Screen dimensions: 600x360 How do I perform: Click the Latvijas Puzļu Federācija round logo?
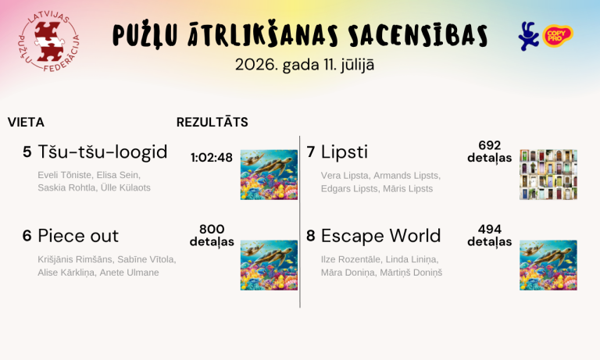[x=49, y=41]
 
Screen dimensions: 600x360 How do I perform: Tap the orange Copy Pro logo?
[x=558, y=36]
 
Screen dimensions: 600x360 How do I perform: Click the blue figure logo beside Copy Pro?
[x=528, y=37]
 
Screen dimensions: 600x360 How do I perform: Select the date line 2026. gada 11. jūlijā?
[x=305, y=65]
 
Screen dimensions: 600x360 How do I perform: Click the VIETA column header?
[x=26, y=123]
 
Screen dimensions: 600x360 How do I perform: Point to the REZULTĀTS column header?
[x=212, y=123]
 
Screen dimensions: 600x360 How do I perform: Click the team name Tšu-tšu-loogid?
[x=102, y=151]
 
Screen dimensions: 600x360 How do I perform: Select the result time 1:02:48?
[x=212, y=158]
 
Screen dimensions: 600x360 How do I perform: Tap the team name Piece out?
[x=78, y=236]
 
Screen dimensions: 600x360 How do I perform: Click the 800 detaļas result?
[x=212, y=235]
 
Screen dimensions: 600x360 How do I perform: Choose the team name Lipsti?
[x=345, y=151]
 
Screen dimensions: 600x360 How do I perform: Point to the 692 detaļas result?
[x=489, y=151]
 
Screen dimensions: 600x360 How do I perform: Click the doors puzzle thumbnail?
[x=548, y=174]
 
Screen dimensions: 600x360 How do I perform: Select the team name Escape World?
[x=381, y=236]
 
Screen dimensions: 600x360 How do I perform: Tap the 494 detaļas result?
[x=489, y=235]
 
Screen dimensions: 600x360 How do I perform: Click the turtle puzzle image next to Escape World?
[x=548, y=266]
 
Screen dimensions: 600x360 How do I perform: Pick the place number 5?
[x=27, y=151]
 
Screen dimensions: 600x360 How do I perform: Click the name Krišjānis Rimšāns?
[x=75, y=259]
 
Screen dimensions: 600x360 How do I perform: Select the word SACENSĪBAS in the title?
[x=418, y=35]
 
